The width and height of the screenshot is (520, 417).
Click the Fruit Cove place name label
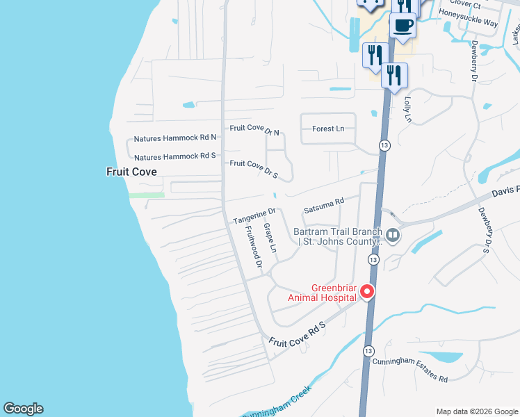click(131, 172)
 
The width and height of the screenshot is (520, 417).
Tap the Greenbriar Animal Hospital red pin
click(366, 292)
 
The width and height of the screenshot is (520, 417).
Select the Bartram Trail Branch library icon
click(393, 235)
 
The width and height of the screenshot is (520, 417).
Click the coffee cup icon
click(403, 26)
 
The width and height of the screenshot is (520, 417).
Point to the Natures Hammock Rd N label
click(175, 138)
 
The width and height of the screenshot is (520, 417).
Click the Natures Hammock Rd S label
click(175, 157)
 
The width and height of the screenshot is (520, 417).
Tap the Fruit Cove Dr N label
click(254, 130)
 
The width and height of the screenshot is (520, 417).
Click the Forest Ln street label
click(328, 129)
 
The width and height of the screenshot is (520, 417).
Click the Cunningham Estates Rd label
click(409, 370)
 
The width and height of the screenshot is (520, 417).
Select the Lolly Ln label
click(408, 110)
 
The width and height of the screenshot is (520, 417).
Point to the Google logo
click(23, 409)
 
